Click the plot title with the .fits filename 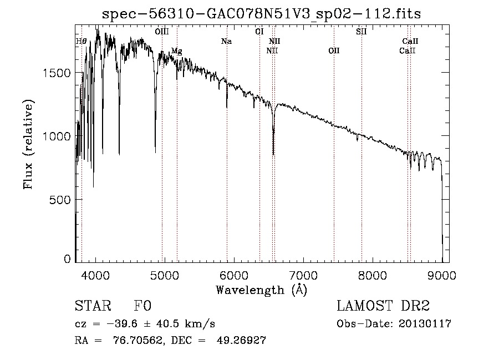[261, 14]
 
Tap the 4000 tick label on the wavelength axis [95, 275]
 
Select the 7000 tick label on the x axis [303, 275]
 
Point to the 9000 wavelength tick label [442, 275]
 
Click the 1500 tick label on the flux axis [57, 73]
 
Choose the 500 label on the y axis [60, 200]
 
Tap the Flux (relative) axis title [28, 144]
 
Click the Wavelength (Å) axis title [262, 290]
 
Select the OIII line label [162, 32]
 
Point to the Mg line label [177, 51]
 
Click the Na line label [226, 41]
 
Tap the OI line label [259, 32]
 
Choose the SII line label [361, 32]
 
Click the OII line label [334, 50]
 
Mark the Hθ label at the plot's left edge [81, 41]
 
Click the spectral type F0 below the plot [142, 306]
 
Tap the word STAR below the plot [93, 306]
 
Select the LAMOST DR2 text [383, 306]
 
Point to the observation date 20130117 [425, 324]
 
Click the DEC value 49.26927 [241, 340]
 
